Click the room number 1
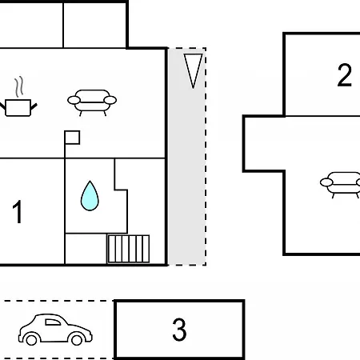[x=18, y=212]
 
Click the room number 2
[x=345, y=75]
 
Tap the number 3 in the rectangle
[x=179, y=330]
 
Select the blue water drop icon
[x=90, y=196]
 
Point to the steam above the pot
[x=18, y=86]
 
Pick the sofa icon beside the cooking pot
[x=92, y=102]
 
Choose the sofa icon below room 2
[x=340, y=185]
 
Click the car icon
[x=55, y=330]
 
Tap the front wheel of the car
[x=77, y=339]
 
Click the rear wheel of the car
[x=31, y=339]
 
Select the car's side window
[x=53, y=322]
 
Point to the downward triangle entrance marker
[x=193, y=70]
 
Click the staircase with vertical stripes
[x=128, y=249]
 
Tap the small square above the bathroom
[x=72, y=138]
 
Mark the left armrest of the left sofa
[x=74, y=100]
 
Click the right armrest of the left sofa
[x=110, y=100]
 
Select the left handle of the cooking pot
[x=2, y=106]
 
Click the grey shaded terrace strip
[x=187, y=157]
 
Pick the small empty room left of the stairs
[x=86, y=249]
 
